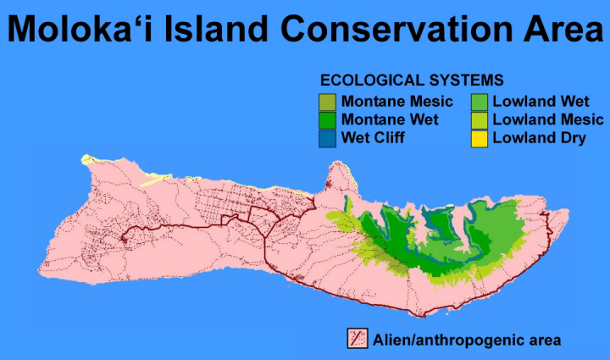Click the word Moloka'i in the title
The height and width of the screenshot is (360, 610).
tap(80, 29)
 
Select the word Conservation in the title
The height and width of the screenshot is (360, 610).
tap(396, 29)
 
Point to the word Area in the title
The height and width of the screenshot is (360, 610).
tap(563, 29)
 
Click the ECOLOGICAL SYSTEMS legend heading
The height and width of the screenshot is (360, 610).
tap(412, 80)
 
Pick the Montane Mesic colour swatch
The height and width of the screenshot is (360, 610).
tap(327, 102)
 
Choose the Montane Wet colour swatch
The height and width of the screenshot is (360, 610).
tap(327, 120)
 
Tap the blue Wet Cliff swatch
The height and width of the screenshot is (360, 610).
tap(327, 139)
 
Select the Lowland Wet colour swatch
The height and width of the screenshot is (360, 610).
tap(480, 102)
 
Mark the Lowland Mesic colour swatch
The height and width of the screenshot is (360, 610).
tap(480, 120)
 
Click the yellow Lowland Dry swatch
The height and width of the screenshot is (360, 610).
tap(480, 139)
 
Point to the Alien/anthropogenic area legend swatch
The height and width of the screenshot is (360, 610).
tap(358, 338)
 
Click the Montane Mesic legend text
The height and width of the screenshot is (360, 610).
tap(396, 102)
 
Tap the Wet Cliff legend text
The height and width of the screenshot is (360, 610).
tap(373, 137)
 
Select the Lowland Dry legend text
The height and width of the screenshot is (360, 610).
tap(539, 138)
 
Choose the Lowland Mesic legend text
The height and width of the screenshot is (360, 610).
tap(548, 119)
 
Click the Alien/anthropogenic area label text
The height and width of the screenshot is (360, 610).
tap(467, 341)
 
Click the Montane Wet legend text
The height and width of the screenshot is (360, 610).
tap(390, 119)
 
